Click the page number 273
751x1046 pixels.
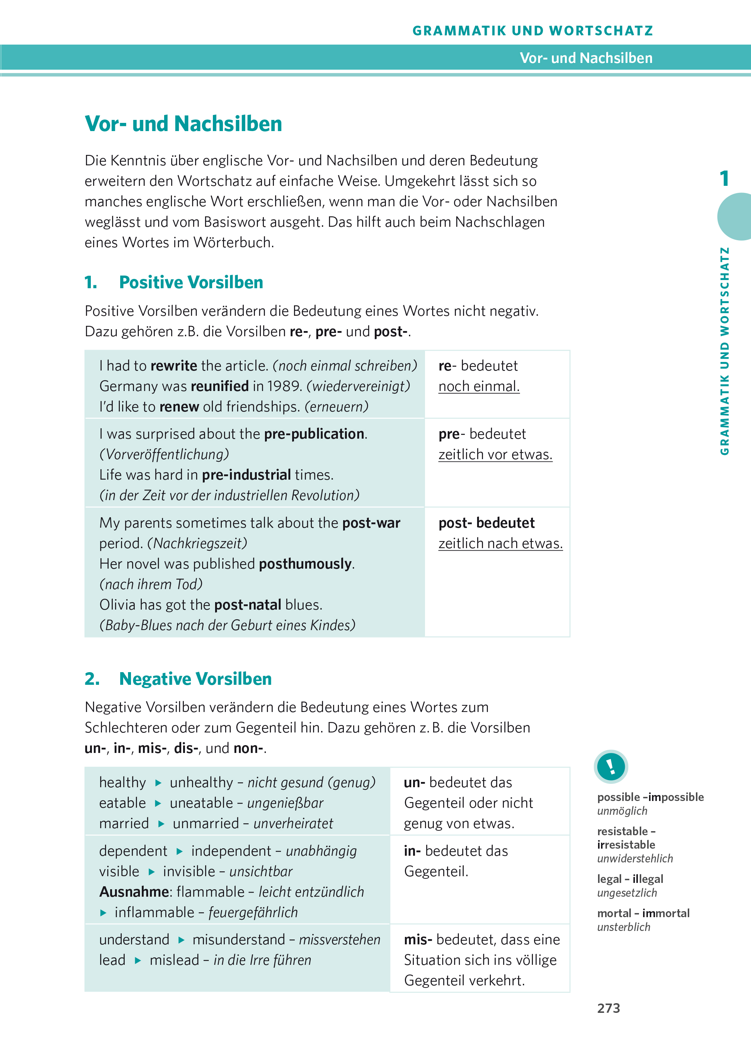coord(608,1008)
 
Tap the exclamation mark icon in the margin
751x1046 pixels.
coord(611,766)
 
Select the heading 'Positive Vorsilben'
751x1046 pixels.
coord(191,282)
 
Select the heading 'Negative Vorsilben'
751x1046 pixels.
coord(195,679)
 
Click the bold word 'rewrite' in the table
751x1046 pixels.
coord(174,366)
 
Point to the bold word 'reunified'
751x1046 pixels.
coord(220,386)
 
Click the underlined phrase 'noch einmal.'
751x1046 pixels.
coord(479,387)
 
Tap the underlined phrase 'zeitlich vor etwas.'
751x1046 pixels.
coord(495,455)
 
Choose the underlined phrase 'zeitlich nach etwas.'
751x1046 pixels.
coord(500,544)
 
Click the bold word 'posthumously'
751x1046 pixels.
coord(305,564)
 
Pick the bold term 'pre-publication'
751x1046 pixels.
coord(314,434)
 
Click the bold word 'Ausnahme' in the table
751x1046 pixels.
coord(134,892)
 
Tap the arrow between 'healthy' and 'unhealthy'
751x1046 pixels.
coord(158,783)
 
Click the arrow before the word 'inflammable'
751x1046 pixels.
coord(104,913)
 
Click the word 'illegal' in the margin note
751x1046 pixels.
coord(648,879)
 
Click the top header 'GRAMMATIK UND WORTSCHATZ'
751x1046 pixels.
coord(533,31)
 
